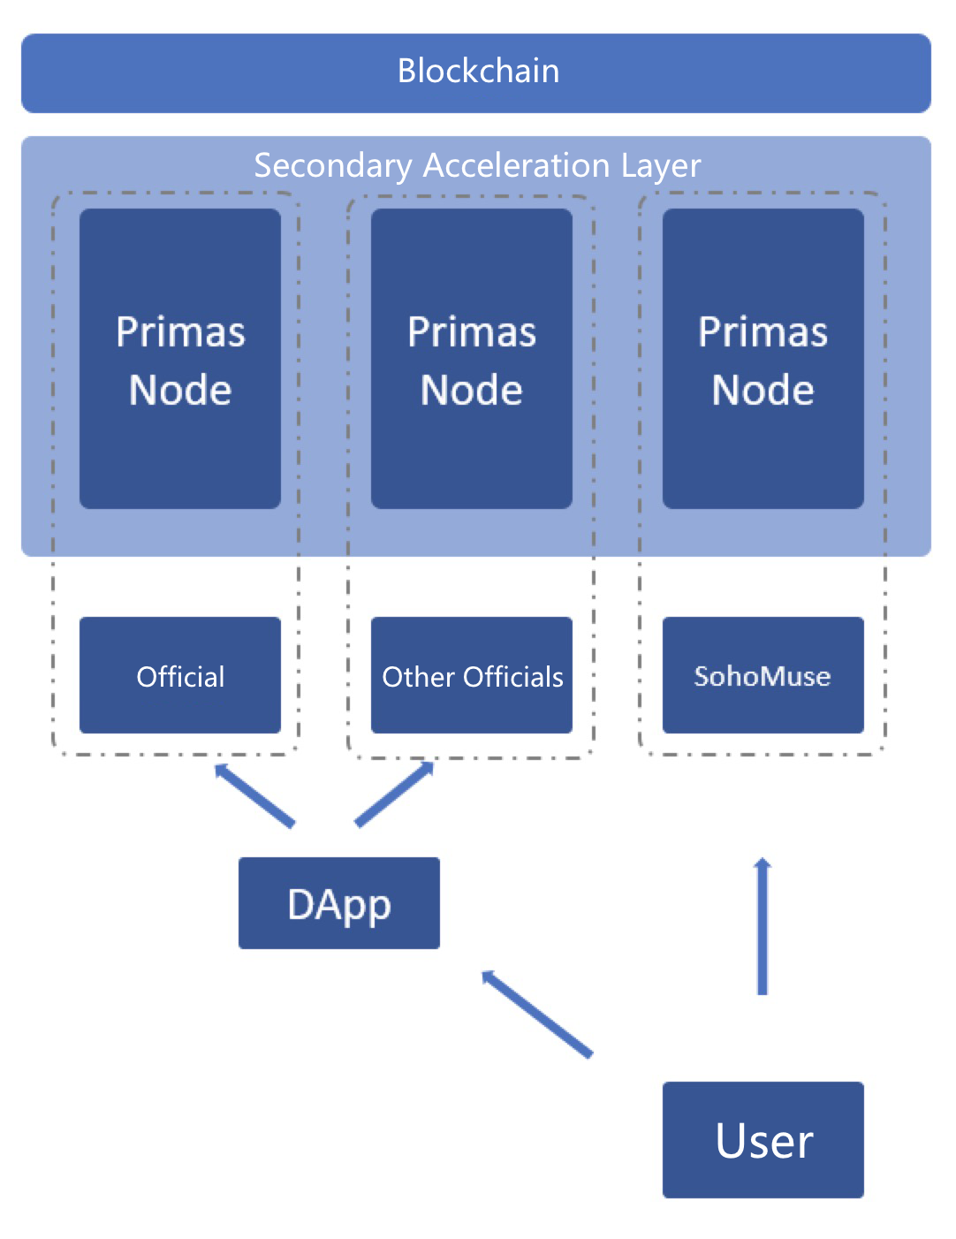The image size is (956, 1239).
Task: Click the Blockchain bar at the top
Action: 476,72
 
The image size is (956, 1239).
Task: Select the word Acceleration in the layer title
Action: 516,166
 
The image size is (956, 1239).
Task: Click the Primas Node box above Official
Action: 180,359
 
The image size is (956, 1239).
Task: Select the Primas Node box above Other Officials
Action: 471,359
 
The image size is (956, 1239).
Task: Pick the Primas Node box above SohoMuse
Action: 763,359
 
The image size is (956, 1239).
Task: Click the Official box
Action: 180,676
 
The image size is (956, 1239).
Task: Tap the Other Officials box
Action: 471,676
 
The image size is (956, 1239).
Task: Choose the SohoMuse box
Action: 763,676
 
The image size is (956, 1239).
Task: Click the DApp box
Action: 338,903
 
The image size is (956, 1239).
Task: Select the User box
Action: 763,1140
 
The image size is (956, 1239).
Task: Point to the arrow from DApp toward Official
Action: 254,795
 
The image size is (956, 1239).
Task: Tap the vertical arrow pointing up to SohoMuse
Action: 763,926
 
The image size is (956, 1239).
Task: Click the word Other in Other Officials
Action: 418,677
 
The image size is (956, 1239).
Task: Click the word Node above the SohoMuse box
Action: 763,390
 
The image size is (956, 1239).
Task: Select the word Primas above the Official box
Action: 180,333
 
